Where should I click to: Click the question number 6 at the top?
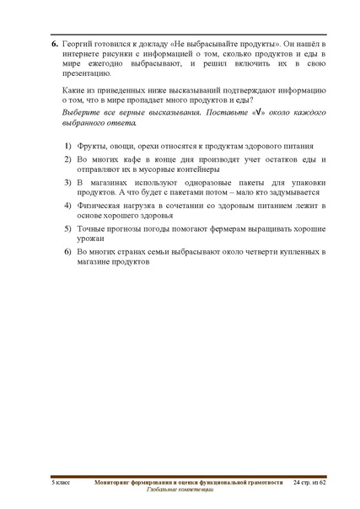pos(55,42)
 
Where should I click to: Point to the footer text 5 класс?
pos(60,481)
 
